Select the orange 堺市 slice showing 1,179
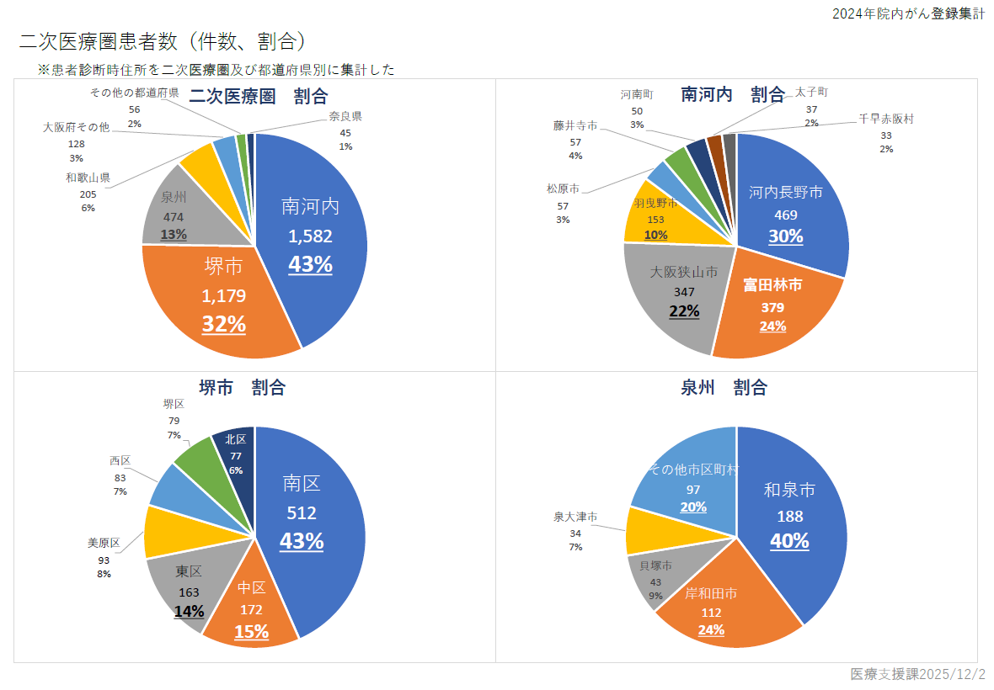coord(223,295)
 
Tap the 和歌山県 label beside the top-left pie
coord(88,178)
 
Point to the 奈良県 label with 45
coord(345,116)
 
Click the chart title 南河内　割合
coord(732,94)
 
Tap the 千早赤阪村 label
coord(886,119)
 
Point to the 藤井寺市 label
coord(575,125)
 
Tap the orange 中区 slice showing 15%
coord(251,610)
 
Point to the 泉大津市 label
coord(575,517)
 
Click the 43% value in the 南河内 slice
coord(310,264)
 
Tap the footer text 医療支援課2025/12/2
coord(917,675)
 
